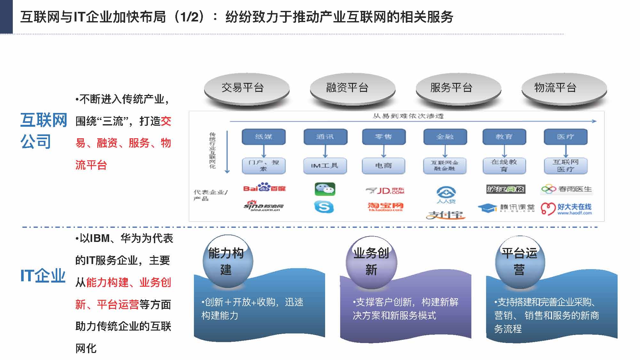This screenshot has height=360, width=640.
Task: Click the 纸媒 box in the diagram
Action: coord(263,137)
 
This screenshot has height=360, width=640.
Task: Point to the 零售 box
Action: coord(384,137)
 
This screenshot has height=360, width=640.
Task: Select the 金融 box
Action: coord(445,137)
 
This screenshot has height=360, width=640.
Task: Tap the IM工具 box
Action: coord(325,165)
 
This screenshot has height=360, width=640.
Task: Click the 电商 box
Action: coord(384,165)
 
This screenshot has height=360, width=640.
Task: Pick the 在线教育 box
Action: coord(504,165)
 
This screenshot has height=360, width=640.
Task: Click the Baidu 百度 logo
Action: coord(264,188)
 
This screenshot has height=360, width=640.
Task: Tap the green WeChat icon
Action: coord(325,189)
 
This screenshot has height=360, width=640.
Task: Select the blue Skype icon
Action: coord(324,207)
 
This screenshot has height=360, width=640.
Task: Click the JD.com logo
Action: coord(385,191)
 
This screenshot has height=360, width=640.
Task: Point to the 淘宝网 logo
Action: coord(385,207)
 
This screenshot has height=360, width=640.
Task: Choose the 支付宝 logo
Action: coord(445,215)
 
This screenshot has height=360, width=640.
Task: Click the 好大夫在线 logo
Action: coord(566,209)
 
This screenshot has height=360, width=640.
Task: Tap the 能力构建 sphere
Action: coord(228,261)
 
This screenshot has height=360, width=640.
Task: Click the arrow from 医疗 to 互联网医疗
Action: coord(566,151)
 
